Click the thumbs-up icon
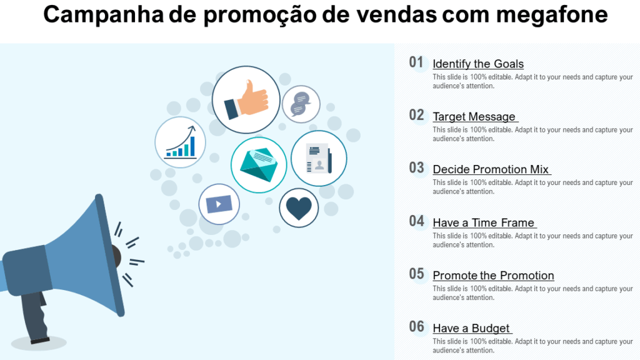(x=246, y=100)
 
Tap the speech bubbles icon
(x=301, y=104)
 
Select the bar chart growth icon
(x=180, y=142)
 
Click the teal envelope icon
(x=259, y=164)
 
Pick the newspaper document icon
(x=319, y=158)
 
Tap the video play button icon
(x=219, y=204)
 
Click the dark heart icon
(x=299, y=208)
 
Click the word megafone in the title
(x=552, y=15)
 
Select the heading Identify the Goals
(x=478, y=64)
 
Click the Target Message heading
(x=474, y=116)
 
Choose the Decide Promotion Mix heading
(x=491, y=169)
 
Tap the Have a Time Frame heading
(x=484, y=222)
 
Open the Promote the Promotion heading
(x=494, y=275)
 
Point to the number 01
(x=416, y=62)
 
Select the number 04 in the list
(x=416, y=221)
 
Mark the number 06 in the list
(x=416, y=326)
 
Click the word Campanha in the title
(x=103, y=15)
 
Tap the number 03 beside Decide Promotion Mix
(x=416, y=167)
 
